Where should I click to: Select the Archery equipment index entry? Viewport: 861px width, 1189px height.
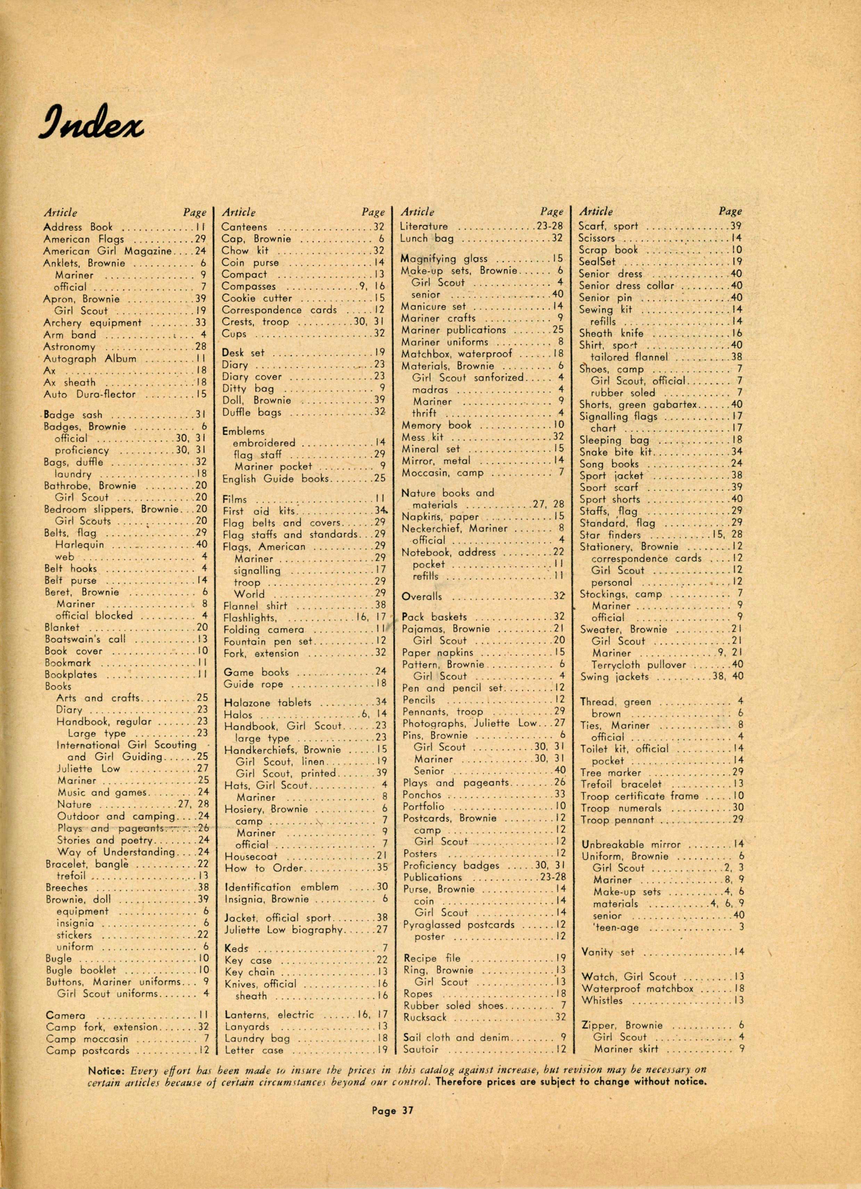[92, 323]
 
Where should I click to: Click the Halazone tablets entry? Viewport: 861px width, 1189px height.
[267, 702]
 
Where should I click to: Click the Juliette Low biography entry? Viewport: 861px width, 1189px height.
[283, 929]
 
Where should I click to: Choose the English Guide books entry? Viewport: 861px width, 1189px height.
[275, 479]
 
